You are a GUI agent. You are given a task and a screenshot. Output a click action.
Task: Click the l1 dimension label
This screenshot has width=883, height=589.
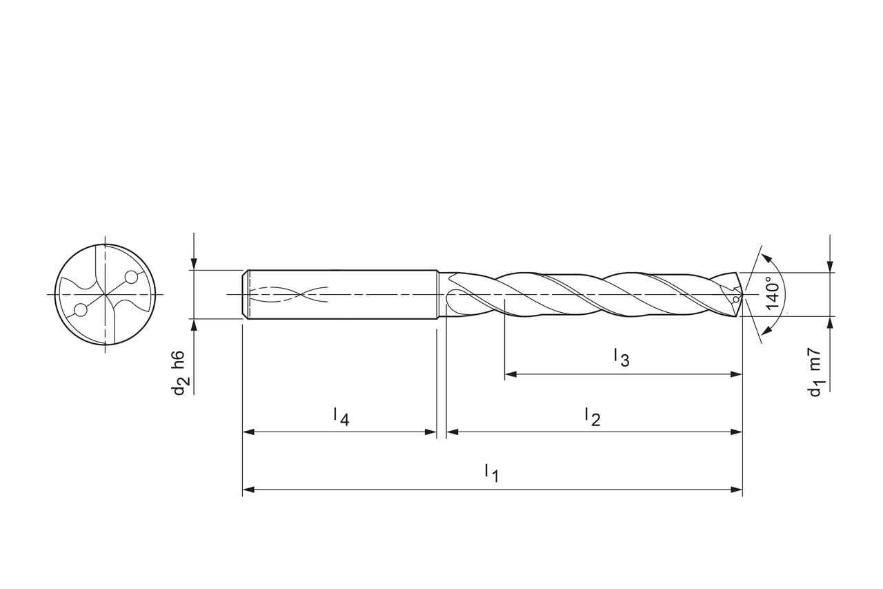(x=491, y=473)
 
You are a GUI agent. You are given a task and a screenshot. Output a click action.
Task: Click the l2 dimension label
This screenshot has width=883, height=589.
(x=592, y=416)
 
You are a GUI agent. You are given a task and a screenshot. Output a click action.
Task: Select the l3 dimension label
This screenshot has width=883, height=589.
(x=621, y=358)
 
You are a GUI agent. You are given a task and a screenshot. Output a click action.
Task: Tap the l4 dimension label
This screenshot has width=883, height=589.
(x=341, y=416)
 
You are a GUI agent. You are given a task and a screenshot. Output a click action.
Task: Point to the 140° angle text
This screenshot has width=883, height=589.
(x=773, y=292)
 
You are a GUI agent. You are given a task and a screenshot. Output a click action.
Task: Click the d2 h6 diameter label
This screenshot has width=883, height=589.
(x=179, y=373)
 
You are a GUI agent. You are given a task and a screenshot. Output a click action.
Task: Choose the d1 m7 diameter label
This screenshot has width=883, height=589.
(x=815, y=373)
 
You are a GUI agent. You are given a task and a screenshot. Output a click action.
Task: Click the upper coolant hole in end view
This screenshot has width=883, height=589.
(x=131, y=278)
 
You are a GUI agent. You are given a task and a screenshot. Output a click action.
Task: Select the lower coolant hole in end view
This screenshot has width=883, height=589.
(x=81, y=310)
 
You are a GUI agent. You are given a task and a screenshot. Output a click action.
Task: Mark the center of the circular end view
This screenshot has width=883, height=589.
(x=105, y=295)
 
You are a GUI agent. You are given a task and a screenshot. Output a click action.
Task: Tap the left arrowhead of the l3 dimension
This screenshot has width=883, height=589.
(x=510, y=374)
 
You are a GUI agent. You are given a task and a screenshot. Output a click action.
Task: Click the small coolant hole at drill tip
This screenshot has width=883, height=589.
(x=737, y=298)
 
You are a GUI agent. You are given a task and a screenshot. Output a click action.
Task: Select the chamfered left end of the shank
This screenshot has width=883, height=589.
(x=245, y=295)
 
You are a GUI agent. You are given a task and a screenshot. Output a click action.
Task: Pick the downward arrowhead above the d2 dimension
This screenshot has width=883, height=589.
(x=195, y=264)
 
